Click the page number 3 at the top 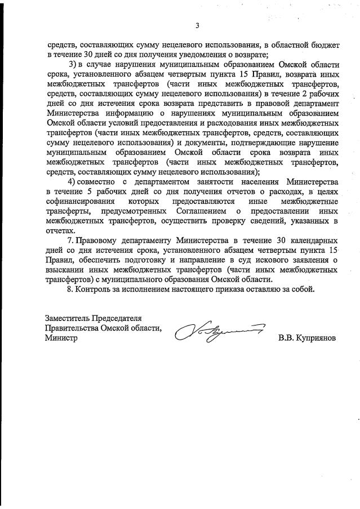coord(197,25)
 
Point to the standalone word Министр coord(62,338)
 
